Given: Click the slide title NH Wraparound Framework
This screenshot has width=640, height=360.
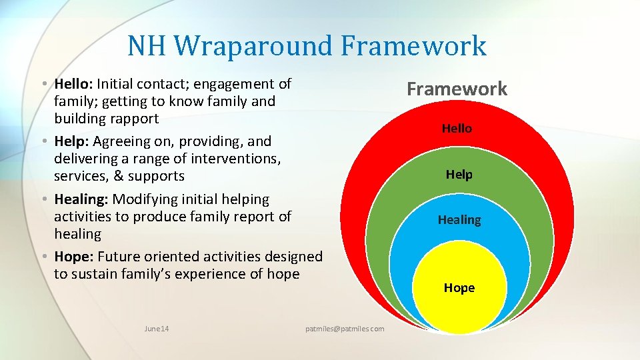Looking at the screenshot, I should (307, 46).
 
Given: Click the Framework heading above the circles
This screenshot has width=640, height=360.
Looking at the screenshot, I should (457, 89).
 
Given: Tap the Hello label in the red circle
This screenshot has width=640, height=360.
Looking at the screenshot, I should (457, 128).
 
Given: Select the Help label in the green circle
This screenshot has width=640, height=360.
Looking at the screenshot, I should (459, 175).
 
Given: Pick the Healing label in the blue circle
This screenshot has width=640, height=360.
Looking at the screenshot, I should (459, 219).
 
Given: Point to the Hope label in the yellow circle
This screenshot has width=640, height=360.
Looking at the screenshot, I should (459, 288).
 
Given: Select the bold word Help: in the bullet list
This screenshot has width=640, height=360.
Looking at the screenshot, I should (71, 141).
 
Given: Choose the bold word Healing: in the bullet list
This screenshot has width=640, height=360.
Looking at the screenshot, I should (81, 199).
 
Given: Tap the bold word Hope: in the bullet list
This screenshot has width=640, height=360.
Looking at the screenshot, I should (73, 257).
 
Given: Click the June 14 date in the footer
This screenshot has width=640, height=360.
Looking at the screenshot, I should (157, 329).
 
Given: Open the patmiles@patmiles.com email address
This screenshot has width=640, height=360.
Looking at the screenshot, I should (345, 329).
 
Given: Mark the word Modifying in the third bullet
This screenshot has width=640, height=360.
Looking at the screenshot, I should (143, 199).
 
